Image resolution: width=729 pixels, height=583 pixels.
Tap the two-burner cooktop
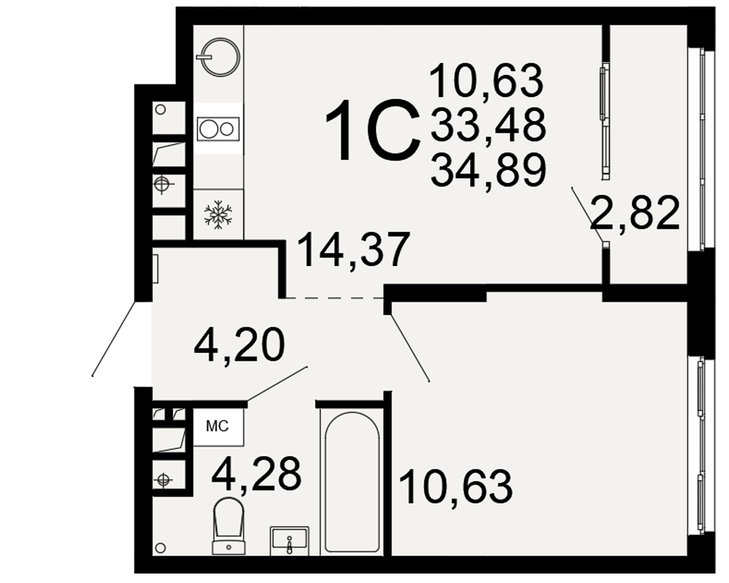pyautogui.click(x=218, y=129)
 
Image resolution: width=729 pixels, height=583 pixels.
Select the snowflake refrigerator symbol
pyautogui.click(x=218, y=215)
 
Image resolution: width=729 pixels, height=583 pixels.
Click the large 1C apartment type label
pyautogui.click(x=370, y=132)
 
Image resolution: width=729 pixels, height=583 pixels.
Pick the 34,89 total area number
pyautogui.click(x=488, y=170)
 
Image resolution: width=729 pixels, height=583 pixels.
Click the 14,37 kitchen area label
pyautogui.click(x=354, y=250)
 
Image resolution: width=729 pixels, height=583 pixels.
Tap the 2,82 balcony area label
pyautogui.click(x=635, y=213)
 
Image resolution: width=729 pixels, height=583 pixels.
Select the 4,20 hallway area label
pyautogui.click(x=238, y=345)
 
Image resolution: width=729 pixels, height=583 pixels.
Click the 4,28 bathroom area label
pyautogui.click(x=256, y=474)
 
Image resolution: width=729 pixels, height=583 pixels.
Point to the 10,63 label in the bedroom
pyautogui.click(x=456, y=487)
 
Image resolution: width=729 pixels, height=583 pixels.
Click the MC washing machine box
pyautogui.click(x=218, y=426)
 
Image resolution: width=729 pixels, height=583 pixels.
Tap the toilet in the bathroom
pyautogui.click(x=229, y=526)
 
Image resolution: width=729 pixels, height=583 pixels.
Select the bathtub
pyautogui.click(x=352, y=481)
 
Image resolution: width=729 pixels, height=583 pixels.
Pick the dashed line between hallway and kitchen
pyautogui.click(x=334, y=297)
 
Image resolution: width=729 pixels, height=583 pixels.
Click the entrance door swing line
pyautogui.click(x=114, y=338)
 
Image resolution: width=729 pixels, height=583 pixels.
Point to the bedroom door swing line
pyautogui.click(x=410, y=348)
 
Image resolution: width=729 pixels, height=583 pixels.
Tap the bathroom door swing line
pyautogui.click(x=277, y=383)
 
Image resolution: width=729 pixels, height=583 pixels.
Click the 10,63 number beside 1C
pyautogui.click(x=486, y=80)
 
